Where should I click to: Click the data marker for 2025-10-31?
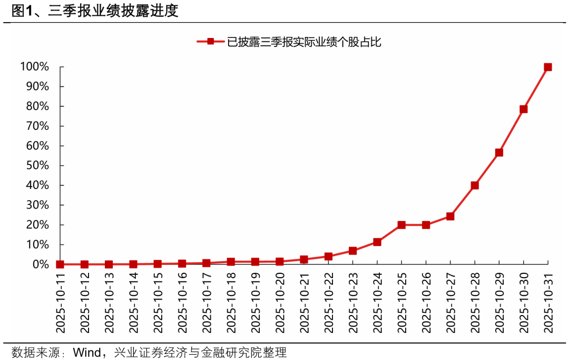pyautogui.click(x=547, y=67)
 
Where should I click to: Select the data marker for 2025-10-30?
pyautogui.click(x=523, y=109)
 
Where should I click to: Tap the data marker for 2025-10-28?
pyautogui.click(x=475, y=185)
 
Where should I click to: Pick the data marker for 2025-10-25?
pyautogui.click(x=401, y=225)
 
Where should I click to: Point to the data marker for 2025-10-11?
pyautogui.click(x=60, y=264)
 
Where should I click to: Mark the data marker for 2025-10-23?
pyautogui.click(x=352, y=251)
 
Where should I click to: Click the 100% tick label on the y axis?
pyautogui.click(x=35, y=67)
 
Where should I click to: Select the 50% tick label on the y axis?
pyautogui.click(x=37, y=166)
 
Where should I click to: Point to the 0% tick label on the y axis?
pyautogui.click(x=41, y=264)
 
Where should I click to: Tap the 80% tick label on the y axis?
pyautogui.click(x=37, y=107)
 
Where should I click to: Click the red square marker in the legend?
pyautogui.click(x=210, y=41)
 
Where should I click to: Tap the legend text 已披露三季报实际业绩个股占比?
pyautogui.click(x=303, y=42)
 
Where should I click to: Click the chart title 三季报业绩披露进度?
pyautogui.click(x=113, y=11)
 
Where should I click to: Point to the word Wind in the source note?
pyautogui.click(x=87, y=353)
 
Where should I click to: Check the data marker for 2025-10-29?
pyautogui.click(x=499, y=153)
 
